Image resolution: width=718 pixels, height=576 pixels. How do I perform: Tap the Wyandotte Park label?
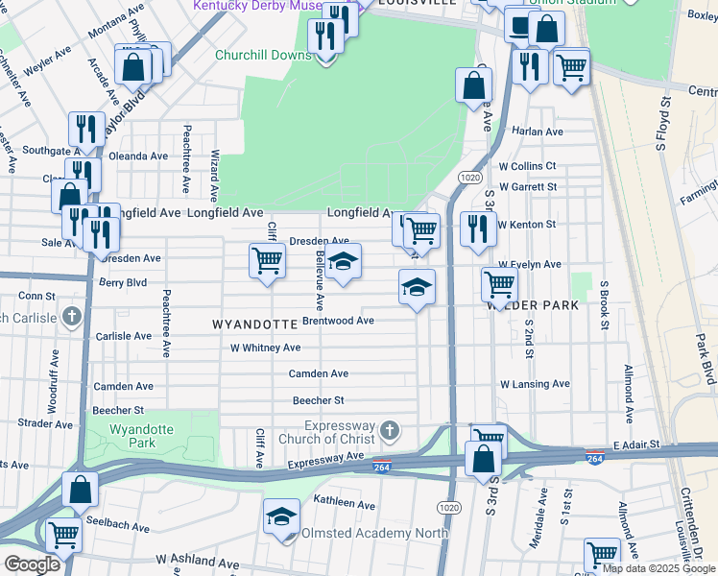132,437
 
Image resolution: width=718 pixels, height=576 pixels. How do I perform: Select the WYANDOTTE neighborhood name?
254,325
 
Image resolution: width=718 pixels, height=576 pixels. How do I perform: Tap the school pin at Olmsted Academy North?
281,517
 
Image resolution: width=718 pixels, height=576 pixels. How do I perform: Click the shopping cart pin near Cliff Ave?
267,260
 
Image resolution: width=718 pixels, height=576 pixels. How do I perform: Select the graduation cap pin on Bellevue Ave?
343,261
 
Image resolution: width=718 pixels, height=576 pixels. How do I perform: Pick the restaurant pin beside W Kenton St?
474,229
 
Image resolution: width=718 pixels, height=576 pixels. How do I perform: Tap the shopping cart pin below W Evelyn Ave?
499,284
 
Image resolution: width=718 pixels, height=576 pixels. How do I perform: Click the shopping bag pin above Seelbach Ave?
81,490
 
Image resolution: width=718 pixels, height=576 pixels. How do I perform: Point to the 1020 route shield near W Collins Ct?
469,178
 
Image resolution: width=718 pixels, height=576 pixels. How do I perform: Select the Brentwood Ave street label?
337,321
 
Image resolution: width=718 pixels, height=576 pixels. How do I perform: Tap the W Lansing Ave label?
534,384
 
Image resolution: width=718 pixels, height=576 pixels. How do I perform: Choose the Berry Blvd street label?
123,283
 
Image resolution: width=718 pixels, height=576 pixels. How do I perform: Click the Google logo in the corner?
32,564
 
